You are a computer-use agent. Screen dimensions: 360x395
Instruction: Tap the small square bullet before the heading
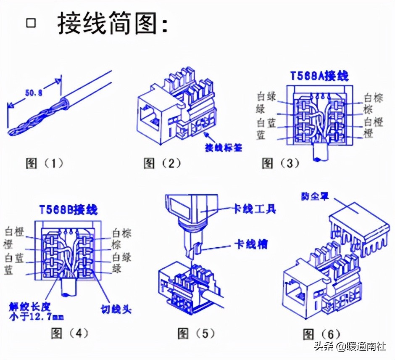(x=31, y=23)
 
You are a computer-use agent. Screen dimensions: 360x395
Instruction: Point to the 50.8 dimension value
(x=34, y=93)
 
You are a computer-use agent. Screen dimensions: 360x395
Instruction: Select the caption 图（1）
(x=45, y=163)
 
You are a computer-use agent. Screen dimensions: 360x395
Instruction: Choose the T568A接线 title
(x=320, y=76)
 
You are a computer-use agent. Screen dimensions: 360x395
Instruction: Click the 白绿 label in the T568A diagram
(x=266, y=96)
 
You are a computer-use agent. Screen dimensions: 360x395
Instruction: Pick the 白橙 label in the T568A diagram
(x=373, y=122)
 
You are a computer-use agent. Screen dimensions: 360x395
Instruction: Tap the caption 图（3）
(x=280, y=163)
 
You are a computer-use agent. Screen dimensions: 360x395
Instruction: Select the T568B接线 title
(x=68, y=209)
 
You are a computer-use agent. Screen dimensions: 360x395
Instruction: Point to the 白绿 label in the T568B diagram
(x=122, y=257)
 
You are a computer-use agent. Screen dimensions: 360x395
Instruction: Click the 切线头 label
(x=116, y=309)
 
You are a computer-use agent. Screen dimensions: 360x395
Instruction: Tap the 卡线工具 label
(x=255, y=209)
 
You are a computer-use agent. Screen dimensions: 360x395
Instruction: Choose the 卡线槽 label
(x=251, y=244)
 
